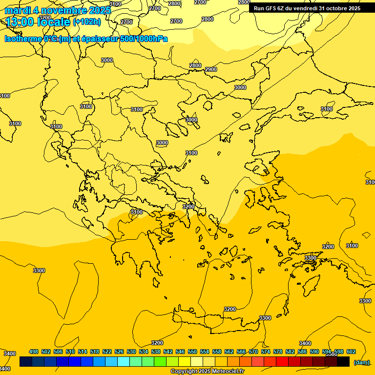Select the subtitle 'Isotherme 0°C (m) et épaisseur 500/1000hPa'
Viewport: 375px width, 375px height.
[x=86, y=39]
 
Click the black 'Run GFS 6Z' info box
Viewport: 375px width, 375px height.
[x=307, y=8]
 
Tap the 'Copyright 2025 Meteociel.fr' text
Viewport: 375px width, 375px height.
[x=207, y=372]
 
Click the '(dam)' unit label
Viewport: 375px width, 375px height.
[x=361, y=362]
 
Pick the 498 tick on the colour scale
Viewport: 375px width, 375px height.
[x=34, y=352]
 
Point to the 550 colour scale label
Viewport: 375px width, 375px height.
[x=192, y=352]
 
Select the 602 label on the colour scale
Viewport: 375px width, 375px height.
[x=351, y=352]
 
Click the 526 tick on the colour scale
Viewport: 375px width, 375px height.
[x=119, y=352]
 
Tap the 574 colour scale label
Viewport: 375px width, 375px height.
[x=266, y=352]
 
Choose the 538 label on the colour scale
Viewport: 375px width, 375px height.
[x=156, y=352]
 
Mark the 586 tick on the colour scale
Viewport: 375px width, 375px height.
[x=302, y=352]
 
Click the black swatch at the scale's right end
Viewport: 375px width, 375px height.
[x=343, y=362]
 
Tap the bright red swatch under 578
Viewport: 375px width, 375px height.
[x=282, y=362]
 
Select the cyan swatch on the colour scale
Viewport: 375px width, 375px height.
[x=124, y=362]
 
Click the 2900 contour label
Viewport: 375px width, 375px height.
[x=211, y=69]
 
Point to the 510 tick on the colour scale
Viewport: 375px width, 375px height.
[x=70, y=352]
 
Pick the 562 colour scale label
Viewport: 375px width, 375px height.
[x=229, y=352]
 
